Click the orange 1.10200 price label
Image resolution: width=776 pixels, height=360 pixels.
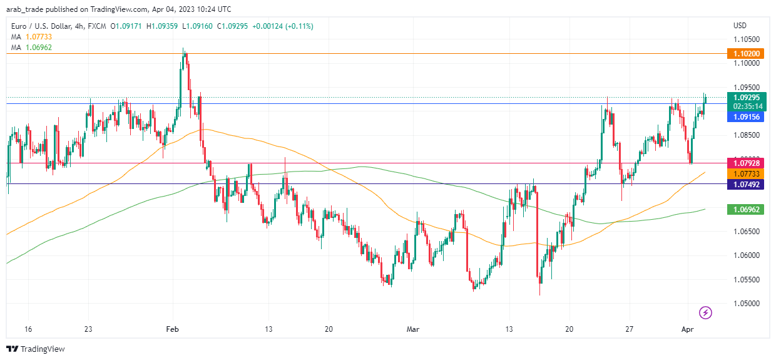point(744,54)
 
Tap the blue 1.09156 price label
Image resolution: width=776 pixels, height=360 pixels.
point(745,116)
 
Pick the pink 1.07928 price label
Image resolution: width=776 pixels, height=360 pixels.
point(745,163)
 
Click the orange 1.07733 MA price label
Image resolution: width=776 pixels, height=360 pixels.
point(745,173)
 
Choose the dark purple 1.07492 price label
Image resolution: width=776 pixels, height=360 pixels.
point(745,184)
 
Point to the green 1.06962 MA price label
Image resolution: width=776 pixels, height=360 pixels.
point(745,210)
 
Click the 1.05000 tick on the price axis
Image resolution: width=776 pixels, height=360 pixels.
point(747,304)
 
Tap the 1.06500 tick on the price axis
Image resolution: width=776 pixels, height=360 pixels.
point(747,232)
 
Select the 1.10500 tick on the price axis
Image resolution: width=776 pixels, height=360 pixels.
point(747,39)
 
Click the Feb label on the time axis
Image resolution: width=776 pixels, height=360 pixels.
point(173,329)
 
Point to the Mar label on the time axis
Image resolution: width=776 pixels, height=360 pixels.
point(412,329)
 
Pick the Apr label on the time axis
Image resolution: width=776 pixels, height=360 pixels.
point(687,329)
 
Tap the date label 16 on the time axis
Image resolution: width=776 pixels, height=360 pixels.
point(27,329)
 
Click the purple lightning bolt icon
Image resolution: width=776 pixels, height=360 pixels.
point(705,312)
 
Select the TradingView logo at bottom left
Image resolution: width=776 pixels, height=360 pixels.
point(36,349)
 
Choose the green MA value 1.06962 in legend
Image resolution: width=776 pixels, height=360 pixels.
point(38,47)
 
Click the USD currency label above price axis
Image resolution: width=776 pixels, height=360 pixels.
point(740,26)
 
